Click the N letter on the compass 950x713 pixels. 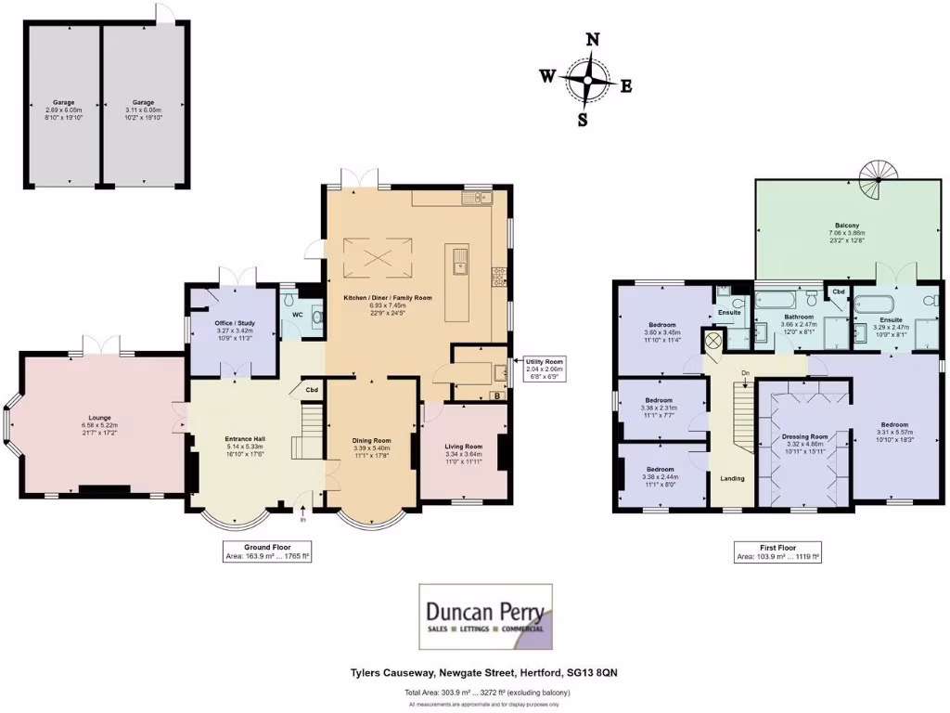[x=592, y=39]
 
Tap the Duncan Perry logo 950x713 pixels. [x=485, y=616]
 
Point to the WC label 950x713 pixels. [x=297, y=315]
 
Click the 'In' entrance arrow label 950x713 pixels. [x=303, y=520]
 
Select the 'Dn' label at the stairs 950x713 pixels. [x=744, y=373]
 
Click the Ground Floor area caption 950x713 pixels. [x=266, y=552]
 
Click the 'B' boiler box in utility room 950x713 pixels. [x=497, y=395]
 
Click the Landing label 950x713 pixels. [x=731, y=478]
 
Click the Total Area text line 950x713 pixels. [x=486, y=693]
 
